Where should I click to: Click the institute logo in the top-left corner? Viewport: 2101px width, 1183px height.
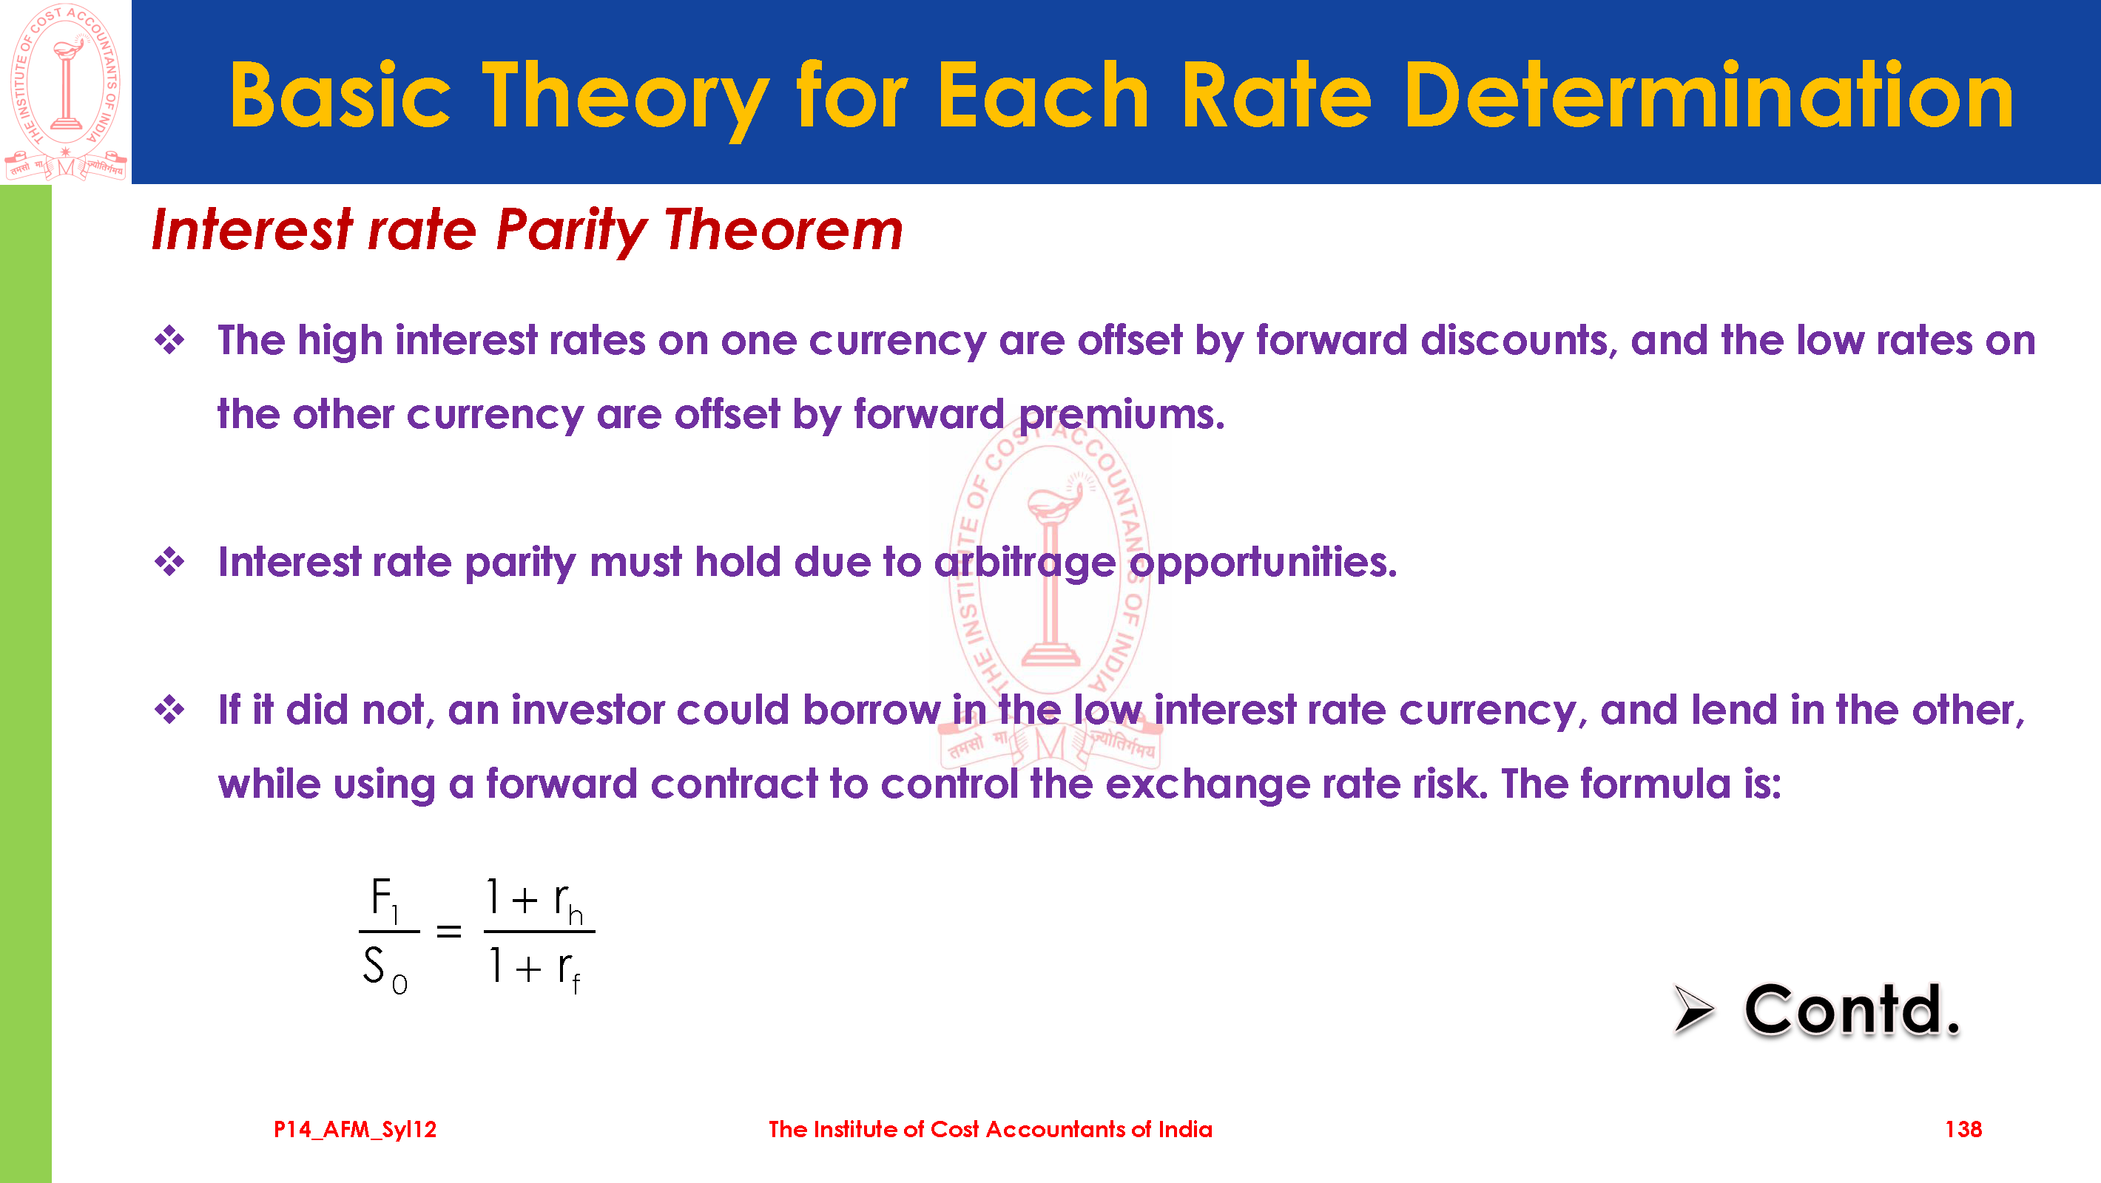tap(65, 92)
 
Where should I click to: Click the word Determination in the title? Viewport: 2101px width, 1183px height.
tap(1709, 96)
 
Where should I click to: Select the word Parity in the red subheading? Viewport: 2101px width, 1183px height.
tap(572, 231)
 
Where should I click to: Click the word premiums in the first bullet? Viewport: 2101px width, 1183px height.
tap(1122, 416)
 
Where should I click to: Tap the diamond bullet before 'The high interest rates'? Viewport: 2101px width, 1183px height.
tap(169, 340)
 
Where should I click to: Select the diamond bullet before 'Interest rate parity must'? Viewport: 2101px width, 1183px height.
tap(169, 562)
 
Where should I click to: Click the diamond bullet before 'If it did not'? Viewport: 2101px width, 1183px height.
tap(169, 709)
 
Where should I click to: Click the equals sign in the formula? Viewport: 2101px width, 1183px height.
tap(448, 930)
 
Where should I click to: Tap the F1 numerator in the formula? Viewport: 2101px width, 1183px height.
tap(384, 899)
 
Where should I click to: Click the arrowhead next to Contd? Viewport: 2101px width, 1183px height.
tap(1693, 1009)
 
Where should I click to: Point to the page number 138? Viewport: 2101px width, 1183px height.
tap(1963, 1129)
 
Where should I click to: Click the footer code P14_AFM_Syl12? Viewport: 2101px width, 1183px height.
tap(355, 1130)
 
